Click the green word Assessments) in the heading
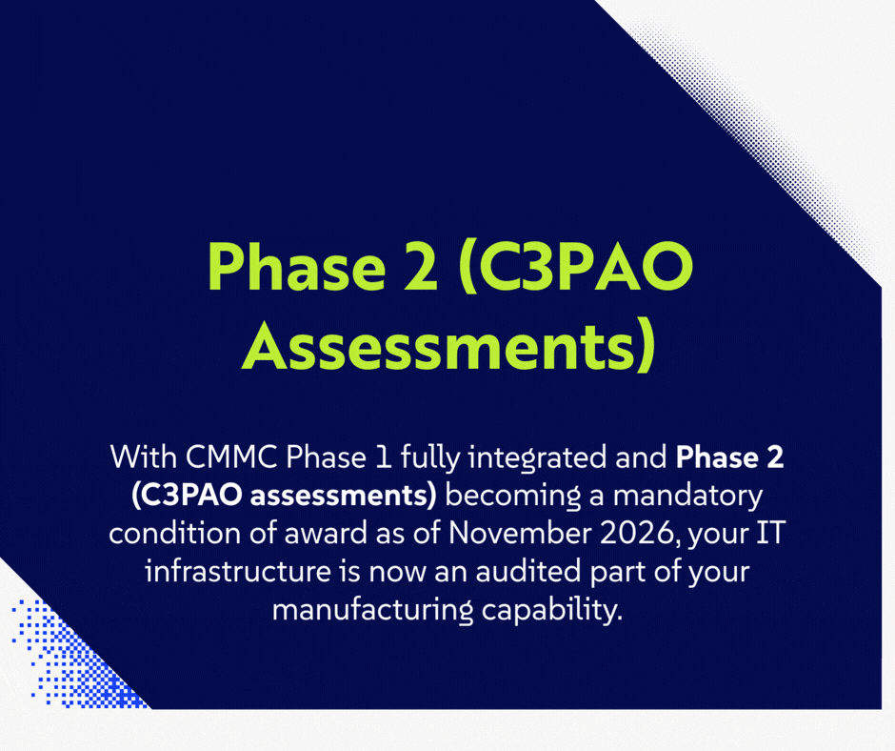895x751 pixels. tap(448, 345)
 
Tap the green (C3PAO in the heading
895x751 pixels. tap(574, 267)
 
